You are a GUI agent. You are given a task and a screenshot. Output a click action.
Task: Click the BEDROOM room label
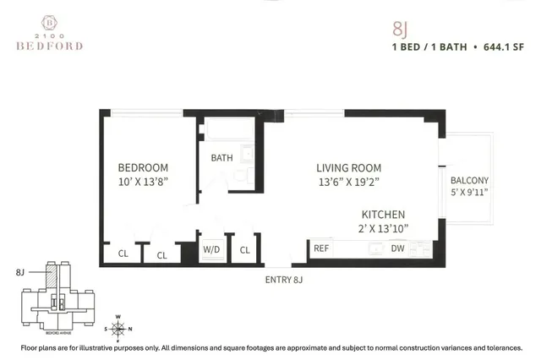point(143,167)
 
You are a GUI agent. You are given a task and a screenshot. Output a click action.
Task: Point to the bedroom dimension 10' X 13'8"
point(143,182)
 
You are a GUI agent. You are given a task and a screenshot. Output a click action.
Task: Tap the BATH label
point(221,158)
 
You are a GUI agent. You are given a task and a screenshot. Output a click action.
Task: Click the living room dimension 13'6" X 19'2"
point(349,182)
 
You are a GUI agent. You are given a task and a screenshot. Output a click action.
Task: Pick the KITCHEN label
point(384,215)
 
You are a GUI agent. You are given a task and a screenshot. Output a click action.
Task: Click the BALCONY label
point(469,181)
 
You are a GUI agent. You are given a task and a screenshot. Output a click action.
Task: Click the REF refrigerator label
point(321,249)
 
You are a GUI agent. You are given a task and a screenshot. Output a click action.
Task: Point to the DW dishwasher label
point(397,249)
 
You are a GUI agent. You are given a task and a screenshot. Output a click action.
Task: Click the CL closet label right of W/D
point(245,250)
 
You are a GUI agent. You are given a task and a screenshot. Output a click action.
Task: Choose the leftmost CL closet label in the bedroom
point(122,254)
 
